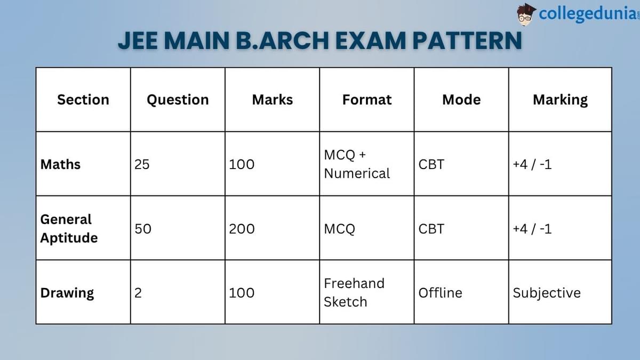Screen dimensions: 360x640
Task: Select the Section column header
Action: (83, 100)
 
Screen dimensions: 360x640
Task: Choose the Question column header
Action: (178, 100)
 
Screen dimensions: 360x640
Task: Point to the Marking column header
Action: (560, 100)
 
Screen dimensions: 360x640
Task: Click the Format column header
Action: (367, 100)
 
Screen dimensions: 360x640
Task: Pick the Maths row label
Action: (60, 164)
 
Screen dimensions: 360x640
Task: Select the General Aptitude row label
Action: (69, 228)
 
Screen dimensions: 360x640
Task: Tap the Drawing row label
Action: (67, 293)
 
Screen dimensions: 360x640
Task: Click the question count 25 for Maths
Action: (142, 164)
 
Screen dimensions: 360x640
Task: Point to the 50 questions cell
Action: (143, 229)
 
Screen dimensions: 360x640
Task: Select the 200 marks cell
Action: (242, 229)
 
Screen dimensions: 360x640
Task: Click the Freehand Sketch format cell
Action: (354, 292)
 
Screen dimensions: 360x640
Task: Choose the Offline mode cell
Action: (440, 293)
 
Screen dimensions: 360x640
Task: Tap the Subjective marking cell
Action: (547, 293)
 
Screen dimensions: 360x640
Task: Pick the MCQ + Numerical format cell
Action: (356, 164)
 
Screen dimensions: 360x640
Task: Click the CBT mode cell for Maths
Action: (431, 164)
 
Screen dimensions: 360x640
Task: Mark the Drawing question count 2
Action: (138, 293)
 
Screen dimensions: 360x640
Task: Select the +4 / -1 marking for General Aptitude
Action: (532, 229)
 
